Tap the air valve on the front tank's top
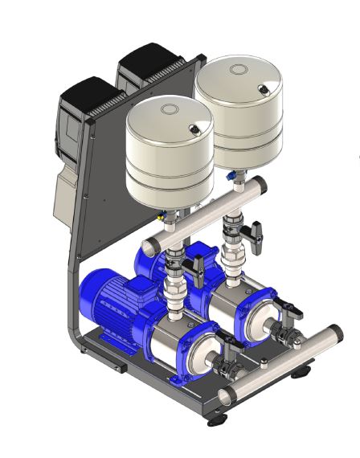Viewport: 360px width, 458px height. tap(194, 126)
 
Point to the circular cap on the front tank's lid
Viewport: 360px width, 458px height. tap(170, 109)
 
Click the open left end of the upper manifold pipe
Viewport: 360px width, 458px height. tap(147, 245)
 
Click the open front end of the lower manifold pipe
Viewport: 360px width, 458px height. tap(227, 395)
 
